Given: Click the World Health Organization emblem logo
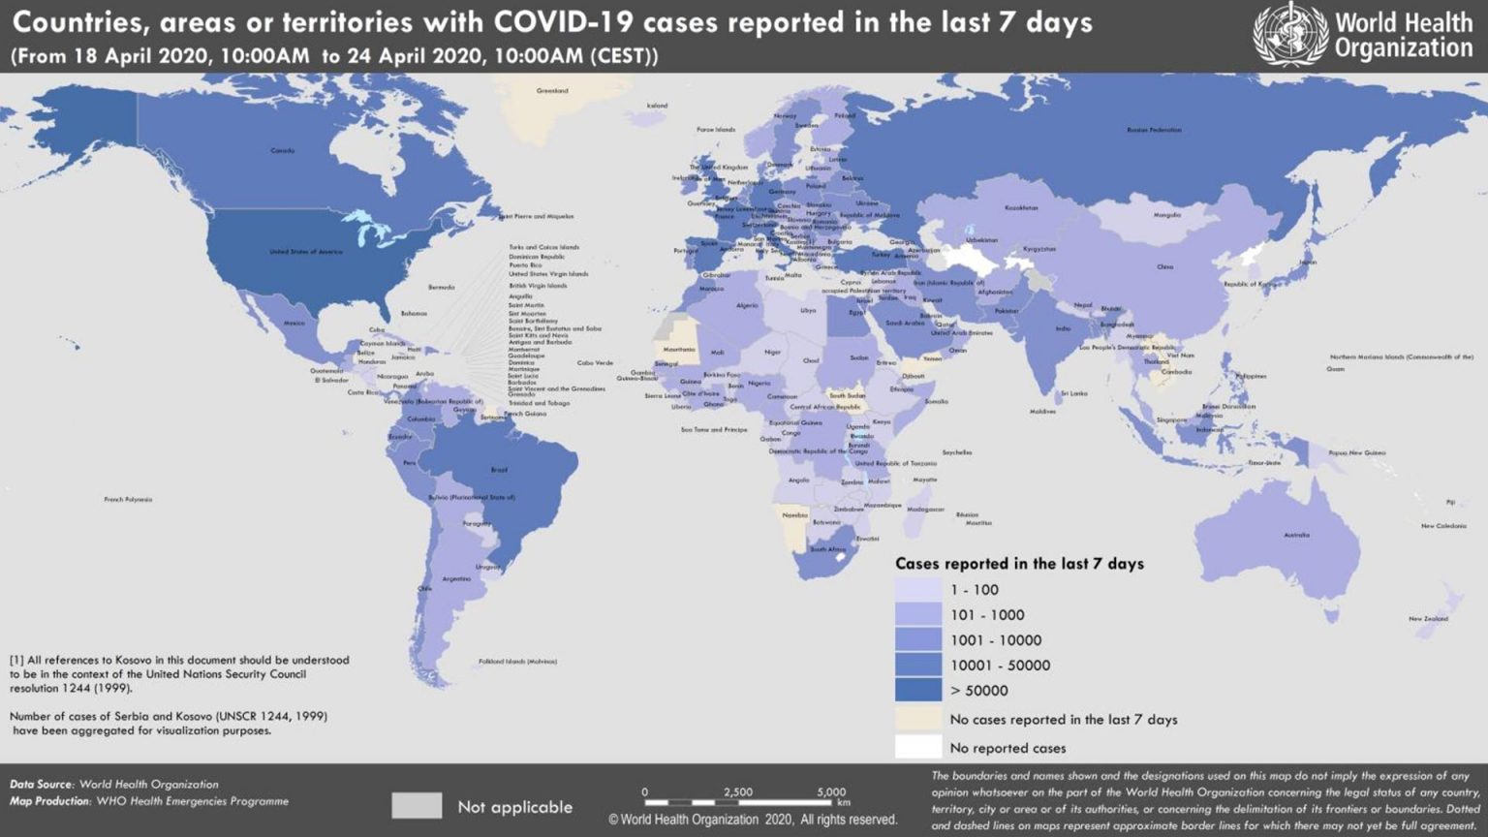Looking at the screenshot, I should (x=1290, y=35).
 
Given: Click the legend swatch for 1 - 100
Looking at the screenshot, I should (x=917, y=589).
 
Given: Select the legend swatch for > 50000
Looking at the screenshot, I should (x=917, y=690).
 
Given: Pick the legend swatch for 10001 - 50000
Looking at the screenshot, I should (x=917, y=665).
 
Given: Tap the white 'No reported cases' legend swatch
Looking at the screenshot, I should (x=917, y=747).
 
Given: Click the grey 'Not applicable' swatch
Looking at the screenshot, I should (x=417, y=806).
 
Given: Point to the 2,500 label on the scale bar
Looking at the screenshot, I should (x=737, y=791).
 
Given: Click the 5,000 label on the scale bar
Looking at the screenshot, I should (x=830, y=791).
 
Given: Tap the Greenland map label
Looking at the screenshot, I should (x=552, y=91).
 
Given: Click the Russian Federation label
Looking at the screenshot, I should (x=1154, y=130).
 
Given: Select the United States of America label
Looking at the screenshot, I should (x=305, y=252).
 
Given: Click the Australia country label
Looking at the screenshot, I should (x=1296, y=535).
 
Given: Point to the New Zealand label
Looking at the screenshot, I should (x=1428, y=618).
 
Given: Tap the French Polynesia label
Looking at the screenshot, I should (x=128, y=500).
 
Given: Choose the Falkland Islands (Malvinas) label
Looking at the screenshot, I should (x=517, y=662).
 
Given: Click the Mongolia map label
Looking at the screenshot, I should (x=1166, y=215).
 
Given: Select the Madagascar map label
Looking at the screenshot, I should (x=925, y=510).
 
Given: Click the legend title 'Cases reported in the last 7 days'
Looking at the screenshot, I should (x=1019, y=564).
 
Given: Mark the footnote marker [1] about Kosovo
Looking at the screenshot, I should (x=16, y=660).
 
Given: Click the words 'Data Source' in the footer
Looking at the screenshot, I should (x=41, y=785).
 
